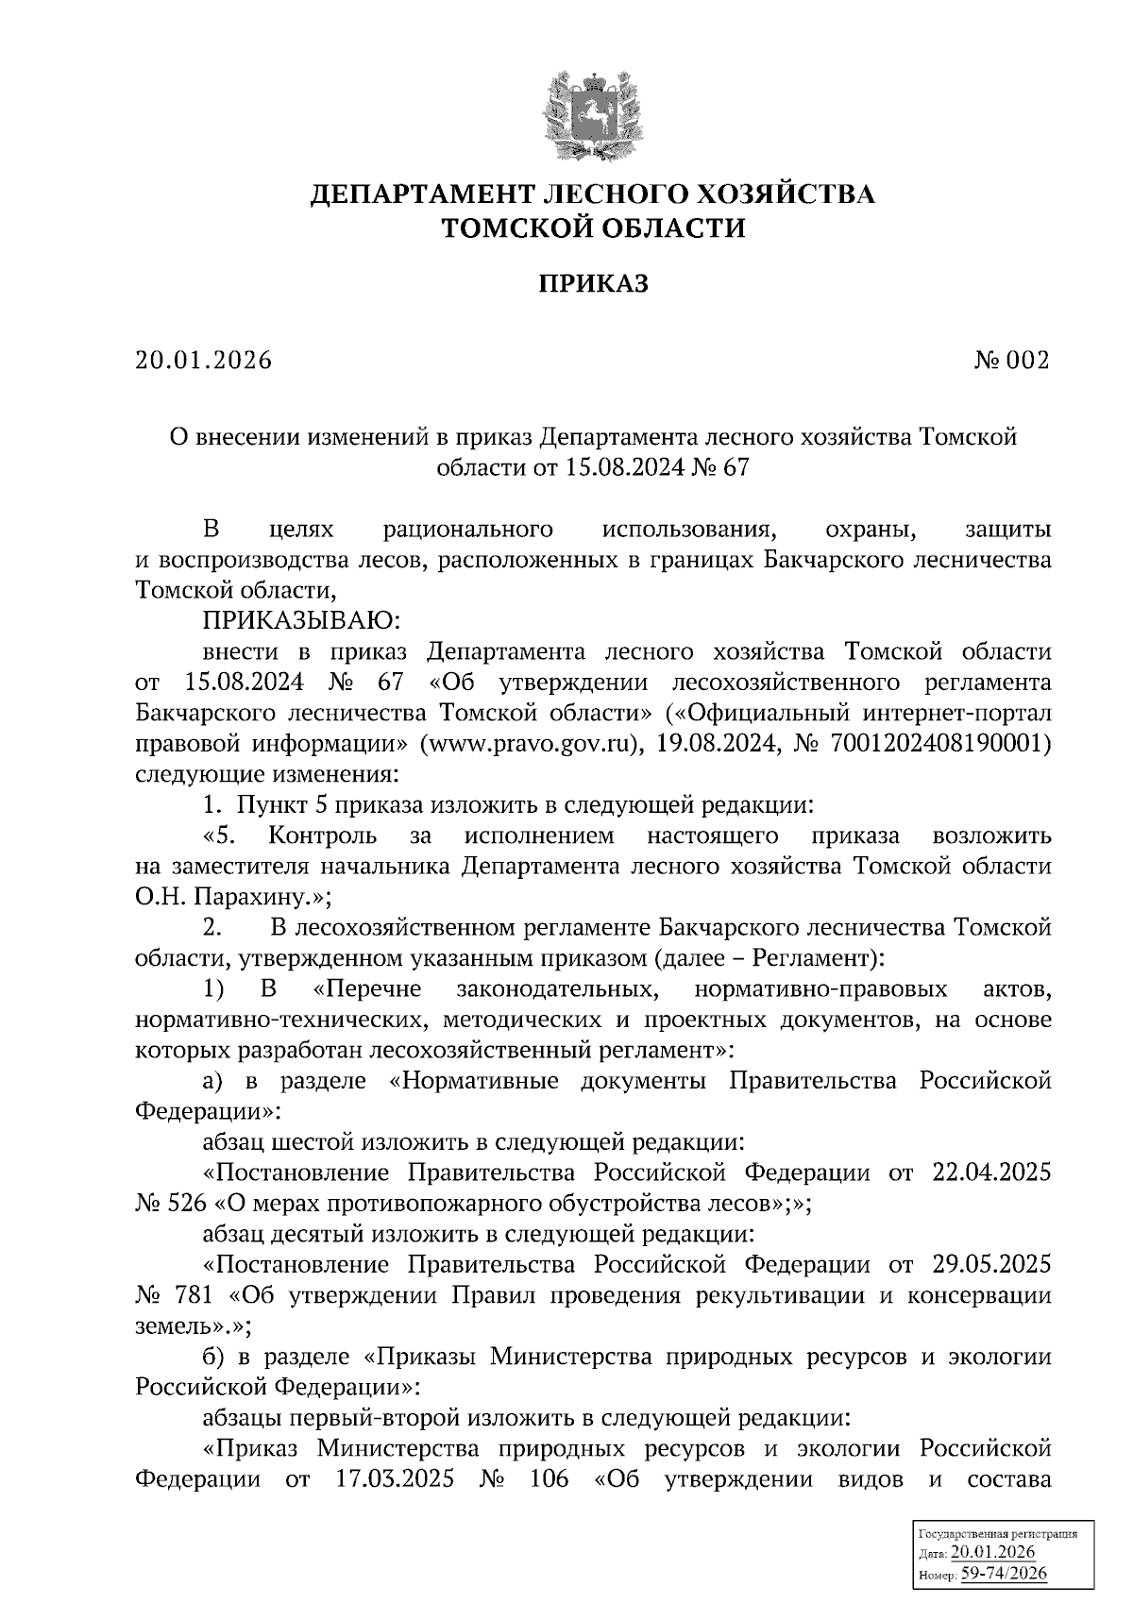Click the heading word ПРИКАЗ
[x=593, y=284]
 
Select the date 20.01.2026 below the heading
[x=203, y=361]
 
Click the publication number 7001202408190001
[x=939, y=743]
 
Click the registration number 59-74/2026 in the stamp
[x=1004, y=1575]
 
